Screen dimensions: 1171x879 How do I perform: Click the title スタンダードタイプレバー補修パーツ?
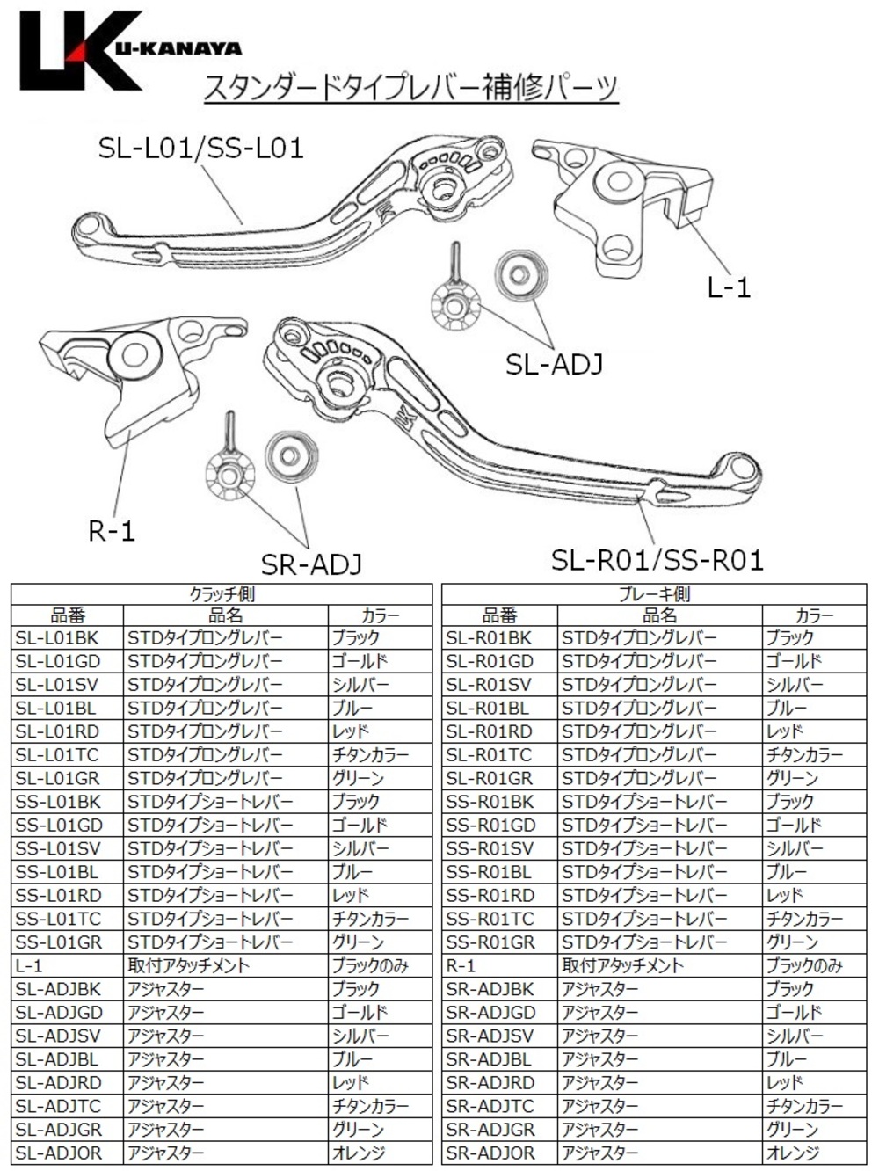tap(410, 88)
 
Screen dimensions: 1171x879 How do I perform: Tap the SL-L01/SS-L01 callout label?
tap(200, 148)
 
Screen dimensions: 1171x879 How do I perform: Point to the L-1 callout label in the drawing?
tap(729, 287)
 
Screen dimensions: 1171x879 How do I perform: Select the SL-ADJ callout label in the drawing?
tap(554, 364)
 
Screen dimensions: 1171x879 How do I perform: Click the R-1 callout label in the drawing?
tap(112, 531)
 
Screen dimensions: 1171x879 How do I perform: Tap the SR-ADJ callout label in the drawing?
tap(311, 564)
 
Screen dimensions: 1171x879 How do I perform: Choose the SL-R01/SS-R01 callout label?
tap(657, 559)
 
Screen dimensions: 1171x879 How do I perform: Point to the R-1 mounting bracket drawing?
tap(132, 369)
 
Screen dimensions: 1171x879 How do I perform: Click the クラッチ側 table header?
tap(222, 594)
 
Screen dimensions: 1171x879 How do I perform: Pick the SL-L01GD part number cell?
tap(58, 661)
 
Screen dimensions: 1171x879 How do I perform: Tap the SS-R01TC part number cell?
tap(490, 919)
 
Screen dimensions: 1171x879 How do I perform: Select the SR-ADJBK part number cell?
tap(490, 989)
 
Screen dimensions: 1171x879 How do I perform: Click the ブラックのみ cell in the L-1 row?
tap(370, 965)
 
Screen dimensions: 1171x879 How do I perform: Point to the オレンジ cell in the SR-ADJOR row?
tap(793, 1153)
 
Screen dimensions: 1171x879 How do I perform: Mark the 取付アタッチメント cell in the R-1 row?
tap(622, 965)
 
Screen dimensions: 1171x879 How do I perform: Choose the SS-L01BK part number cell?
tap(58, 802)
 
